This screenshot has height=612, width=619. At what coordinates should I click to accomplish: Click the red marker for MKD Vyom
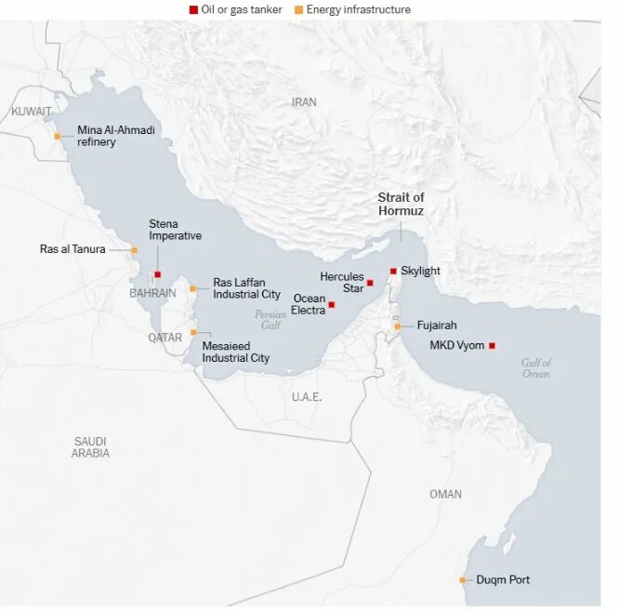[492, 346]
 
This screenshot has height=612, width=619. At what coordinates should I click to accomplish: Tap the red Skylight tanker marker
[393, 271]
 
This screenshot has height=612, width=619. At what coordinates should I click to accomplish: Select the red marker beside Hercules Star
[370, 283]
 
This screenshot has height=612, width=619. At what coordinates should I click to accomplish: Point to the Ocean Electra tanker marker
[332, 304]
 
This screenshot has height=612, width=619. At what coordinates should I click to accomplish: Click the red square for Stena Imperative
[157, 274]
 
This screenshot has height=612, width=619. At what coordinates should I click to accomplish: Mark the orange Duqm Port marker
[462, 580]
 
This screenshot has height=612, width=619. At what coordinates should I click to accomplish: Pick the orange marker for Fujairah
[397, 326]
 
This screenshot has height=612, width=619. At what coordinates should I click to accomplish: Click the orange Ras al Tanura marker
[134, 250]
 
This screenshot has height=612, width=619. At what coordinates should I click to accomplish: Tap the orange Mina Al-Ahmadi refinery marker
[57, 137]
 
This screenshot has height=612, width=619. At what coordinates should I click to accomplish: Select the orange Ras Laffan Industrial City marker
[192, 289]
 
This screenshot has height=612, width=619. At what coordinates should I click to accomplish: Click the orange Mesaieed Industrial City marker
[193, 332]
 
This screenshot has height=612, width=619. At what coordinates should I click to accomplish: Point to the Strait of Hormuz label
[401, 205]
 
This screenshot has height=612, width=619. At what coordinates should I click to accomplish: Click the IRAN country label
[304, 102]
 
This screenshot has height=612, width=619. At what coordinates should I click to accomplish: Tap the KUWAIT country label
[32, 112]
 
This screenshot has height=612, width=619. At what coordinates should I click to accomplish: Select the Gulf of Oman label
[535, 368]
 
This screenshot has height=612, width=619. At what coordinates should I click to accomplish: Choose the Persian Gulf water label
[270, 320]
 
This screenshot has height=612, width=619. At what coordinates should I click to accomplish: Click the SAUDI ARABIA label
[91, 447]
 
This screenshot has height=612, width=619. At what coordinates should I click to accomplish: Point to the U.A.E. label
[306, 397]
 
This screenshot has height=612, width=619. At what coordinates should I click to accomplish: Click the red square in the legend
[193, 9]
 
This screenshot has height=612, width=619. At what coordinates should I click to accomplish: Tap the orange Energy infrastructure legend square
[298, 9]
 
